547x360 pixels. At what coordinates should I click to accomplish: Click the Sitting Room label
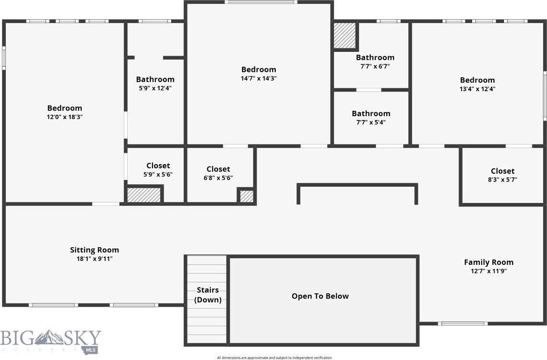(x=95, y=250)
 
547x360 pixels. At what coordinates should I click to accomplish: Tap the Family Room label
(x=488, y=262)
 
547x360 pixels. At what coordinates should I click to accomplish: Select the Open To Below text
(x=320, y=296)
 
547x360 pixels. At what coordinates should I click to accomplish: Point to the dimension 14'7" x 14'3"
(x=259, y=78)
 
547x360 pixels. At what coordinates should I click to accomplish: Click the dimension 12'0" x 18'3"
(x=64, y=117)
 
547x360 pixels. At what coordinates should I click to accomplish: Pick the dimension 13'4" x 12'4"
(x=477, y=89)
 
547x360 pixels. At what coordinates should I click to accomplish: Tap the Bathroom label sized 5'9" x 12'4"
(x=155, y=79)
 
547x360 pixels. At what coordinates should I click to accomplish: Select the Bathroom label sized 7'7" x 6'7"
(x=375, y=58)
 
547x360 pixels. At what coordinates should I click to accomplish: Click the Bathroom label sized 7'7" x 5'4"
(x=371, y=113)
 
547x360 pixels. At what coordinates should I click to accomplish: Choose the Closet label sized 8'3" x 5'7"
(x=502, y=171)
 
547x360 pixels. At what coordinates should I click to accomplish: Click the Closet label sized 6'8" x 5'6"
(x=218, y=169)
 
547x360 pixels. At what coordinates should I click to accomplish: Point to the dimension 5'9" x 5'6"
(x=158, y=175)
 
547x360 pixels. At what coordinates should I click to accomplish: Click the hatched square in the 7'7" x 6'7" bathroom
(x=345, y=36)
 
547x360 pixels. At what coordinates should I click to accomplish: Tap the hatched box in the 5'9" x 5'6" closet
(x=144, y=195)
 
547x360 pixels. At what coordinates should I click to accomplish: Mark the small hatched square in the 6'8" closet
(x=246, y=196)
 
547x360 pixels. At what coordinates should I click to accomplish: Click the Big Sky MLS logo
(x=51, y=340)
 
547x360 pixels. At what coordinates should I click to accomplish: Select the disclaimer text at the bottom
(x=274, y=358)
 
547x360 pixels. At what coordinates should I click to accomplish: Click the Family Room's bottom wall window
(x=464, y=324)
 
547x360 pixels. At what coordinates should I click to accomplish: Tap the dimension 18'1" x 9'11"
(x=95, y=259)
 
